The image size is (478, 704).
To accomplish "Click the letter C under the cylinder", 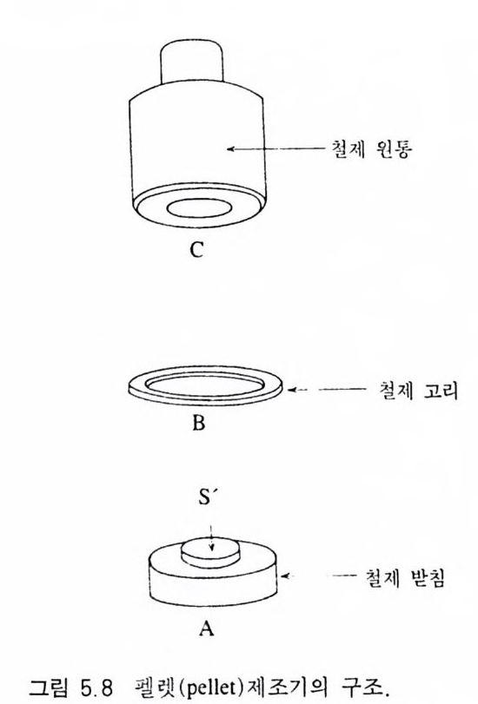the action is [x=196, y=250].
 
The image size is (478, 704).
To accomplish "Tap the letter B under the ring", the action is [x=198, y=423].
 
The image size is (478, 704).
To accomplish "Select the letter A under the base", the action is [x=206, y=628].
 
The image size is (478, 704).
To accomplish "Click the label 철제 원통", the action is [x=371, y=148].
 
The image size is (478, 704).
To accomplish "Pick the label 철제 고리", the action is [x=419, y=390].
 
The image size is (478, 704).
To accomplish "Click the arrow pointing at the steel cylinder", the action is [x=276, y=148].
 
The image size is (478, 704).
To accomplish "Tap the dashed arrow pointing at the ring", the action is [x=327, y=390].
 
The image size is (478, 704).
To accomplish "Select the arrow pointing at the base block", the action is [x=318, y=576].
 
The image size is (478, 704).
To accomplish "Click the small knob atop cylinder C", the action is [x=192, y=62].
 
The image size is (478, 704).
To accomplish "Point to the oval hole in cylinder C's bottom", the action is [x=200, y=208].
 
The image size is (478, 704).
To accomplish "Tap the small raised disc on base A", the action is [x=210, y=553].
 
